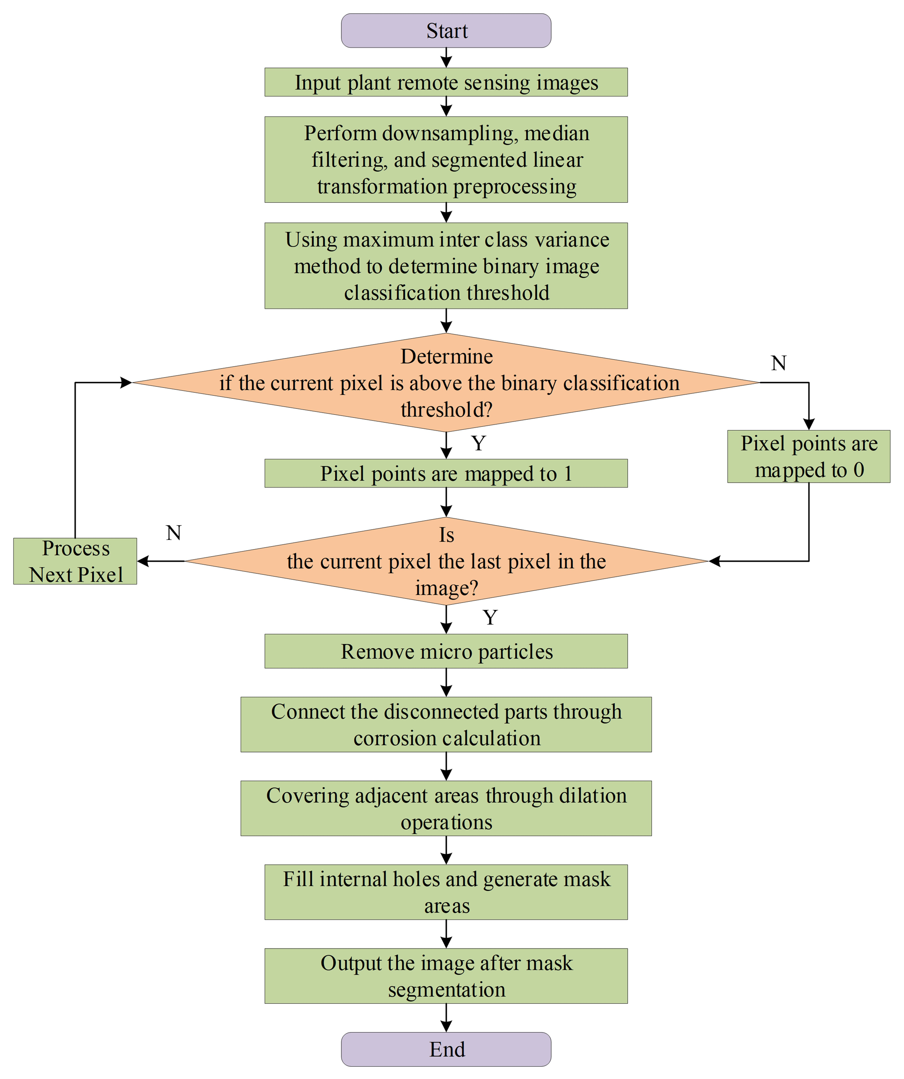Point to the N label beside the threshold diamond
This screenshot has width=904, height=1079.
tap(779, 363)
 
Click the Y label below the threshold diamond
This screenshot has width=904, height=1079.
tap(478, 443)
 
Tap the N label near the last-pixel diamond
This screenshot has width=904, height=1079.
tap(174, 533)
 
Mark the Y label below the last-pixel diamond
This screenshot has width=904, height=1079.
tap(490, 617)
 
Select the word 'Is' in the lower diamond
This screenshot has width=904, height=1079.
tap(446, 535)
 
